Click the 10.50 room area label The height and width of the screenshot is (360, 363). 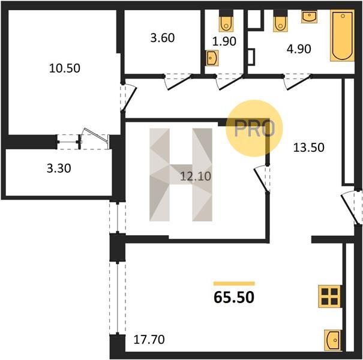tap(65, 68)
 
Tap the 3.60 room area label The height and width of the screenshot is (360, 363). tap(163, 38)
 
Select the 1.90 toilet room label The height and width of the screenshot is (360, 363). tap(224, 41)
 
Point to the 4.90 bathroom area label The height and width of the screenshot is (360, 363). tap(299, 49)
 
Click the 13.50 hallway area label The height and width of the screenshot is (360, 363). tap(308, 148)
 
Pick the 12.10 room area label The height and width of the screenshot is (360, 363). tap(196, 176)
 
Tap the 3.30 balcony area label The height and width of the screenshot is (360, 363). tap(59, 169)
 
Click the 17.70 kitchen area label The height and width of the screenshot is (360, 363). tap(149, 340)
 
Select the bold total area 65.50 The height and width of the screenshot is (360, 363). tap(234, 297)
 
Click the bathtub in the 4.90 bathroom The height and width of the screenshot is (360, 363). tap(342, 35)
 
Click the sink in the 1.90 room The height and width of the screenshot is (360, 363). tap(212, 58)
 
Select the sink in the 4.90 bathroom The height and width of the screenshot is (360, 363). tap(309, 17)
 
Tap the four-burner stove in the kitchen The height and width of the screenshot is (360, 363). tap(329, 296)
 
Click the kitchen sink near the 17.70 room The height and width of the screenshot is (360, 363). tap(332, 340)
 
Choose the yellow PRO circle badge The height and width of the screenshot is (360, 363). tap(254, 128)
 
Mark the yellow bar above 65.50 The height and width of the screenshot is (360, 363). tap(234, 284)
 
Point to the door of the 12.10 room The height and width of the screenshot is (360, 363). tap(262, 178)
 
